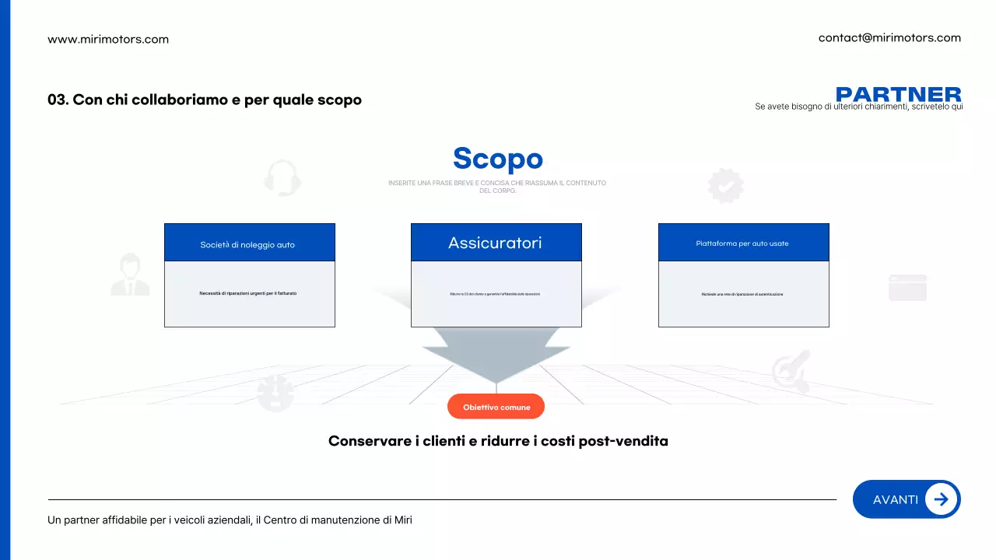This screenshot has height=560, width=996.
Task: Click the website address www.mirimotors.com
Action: (x=108, y=39)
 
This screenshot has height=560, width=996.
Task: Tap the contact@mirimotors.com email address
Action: (x=889, y=37)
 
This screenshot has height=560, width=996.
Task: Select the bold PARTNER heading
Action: (x=898, y=94)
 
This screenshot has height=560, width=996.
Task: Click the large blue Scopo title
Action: (x=497, y=158)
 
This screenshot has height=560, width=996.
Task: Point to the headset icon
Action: (x=282, y=177)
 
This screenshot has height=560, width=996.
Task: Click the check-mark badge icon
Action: (x=725, y=186)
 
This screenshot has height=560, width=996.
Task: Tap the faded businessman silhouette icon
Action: (x=130, y=275)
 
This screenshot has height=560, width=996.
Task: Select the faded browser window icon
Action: (x=907, y=287)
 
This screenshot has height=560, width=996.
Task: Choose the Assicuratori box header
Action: (x=496, y=243)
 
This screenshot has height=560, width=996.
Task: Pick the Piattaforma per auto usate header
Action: (x=743, y=243)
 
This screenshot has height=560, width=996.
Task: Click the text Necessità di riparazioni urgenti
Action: (x=248, y=293)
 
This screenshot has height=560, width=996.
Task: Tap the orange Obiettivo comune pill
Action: (x=496, y=407)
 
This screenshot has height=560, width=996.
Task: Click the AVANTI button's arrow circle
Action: (x=941, y=499)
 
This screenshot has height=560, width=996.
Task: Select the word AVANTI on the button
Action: (x=895, y=499)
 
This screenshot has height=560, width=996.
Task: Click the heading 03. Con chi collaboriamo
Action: (x=205, y=100)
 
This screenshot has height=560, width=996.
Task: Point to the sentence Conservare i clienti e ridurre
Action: (x=498, y=441)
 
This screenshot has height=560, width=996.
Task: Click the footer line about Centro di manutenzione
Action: (x=230, y=520)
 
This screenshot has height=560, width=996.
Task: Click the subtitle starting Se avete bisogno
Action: (x=858, y=107)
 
